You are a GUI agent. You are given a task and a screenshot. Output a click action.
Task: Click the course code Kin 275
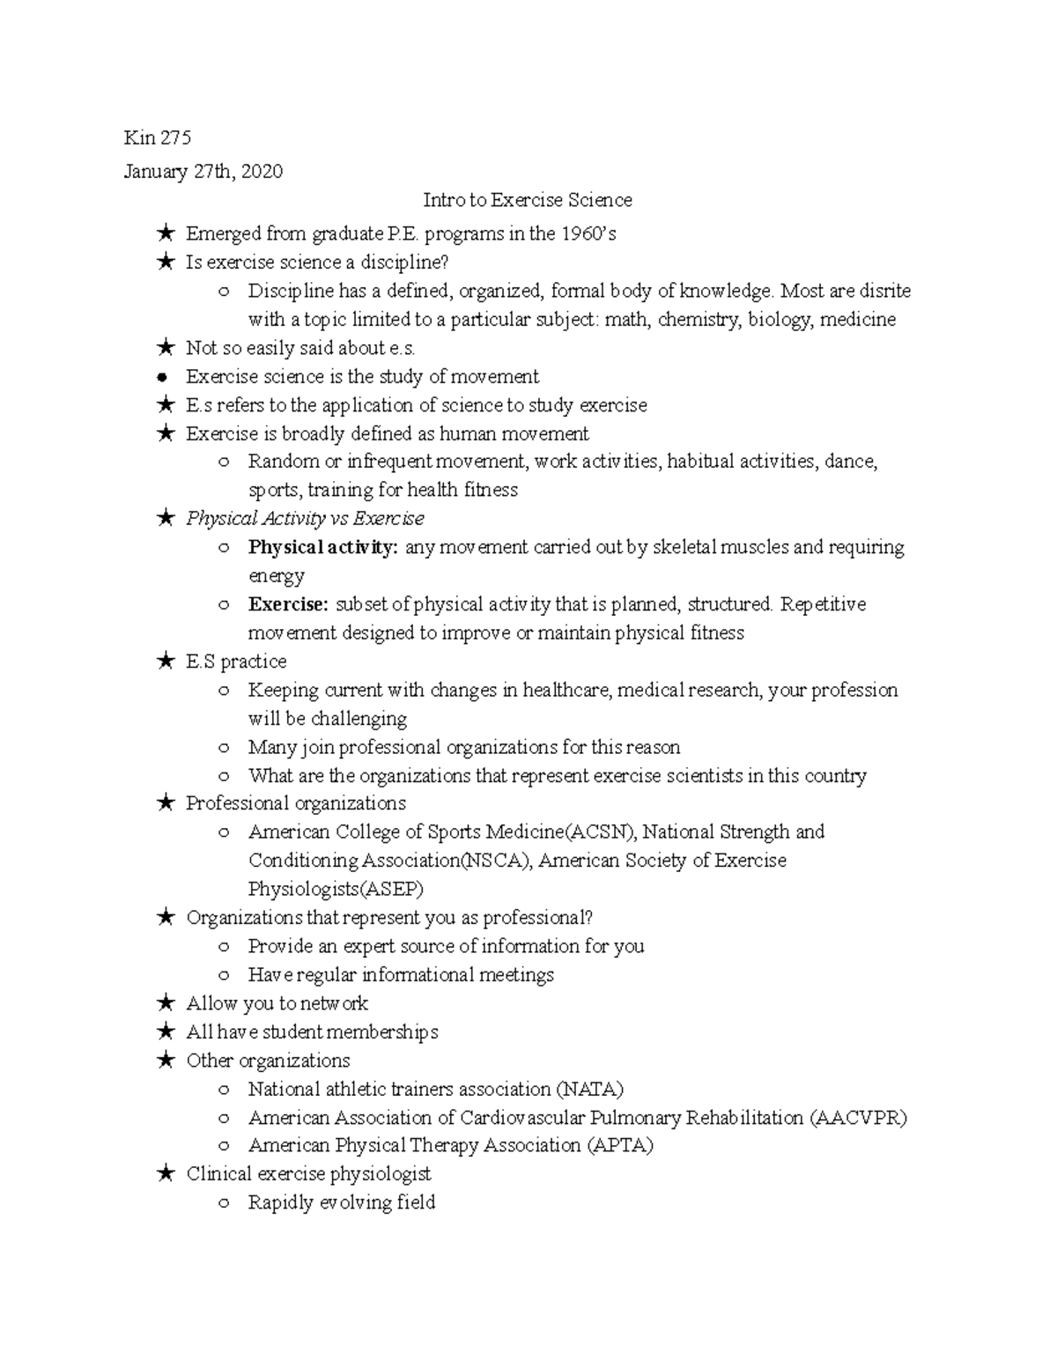coord(158,138)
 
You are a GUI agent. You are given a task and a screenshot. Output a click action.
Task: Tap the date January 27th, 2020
coord(203,172)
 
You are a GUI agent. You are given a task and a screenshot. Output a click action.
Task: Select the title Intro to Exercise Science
coord(528,201)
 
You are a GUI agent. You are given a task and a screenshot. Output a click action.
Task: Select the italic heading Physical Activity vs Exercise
coord(305,519)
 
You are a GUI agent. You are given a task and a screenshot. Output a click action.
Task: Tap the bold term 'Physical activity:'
coord(322,548)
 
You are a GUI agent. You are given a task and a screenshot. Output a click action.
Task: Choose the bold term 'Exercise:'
coord(288,604)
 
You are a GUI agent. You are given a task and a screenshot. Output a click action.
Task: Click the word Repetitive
coord(823,604)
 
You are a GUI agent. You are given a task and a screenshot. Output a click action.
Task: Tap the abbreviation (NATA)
coord(589,1089)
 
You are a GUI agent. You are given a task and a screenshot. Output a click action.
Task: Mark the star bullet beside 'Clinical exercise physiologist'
coord(164,1174)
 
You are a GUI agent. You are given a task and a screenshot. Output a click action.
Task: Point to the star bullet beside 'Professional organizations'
coord(164,803)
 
